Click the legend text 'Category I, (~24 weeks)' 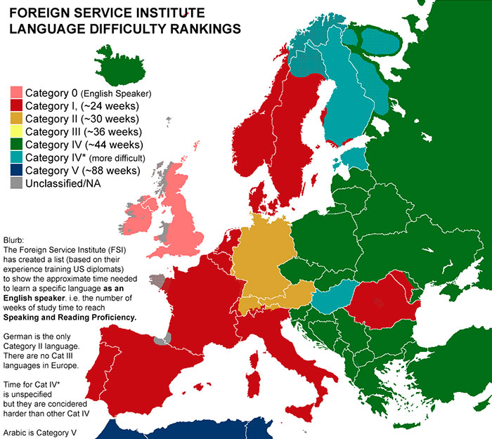tap(85, 106)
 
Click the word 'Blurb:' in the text tap(16, 239)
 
